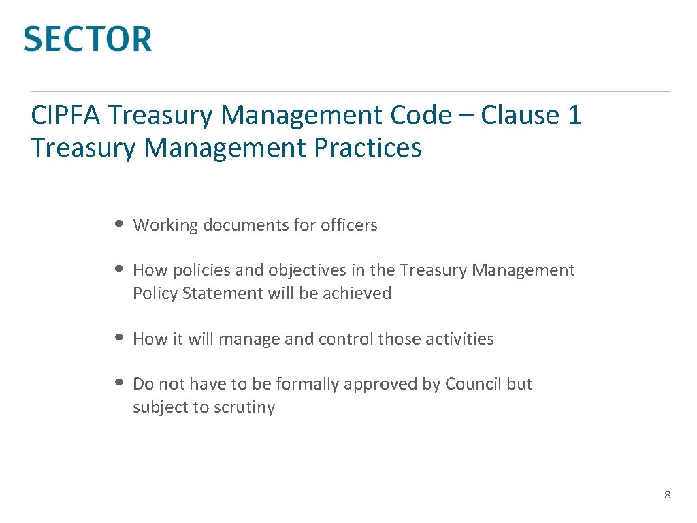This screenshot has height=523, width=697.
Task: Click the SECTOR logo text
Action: click(x=88, y=39)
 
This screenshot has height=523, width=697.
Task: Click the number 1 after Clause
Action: click(x=574, y=115)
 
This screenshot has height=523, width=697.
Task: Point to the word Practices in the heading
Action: click(x=368, y=147)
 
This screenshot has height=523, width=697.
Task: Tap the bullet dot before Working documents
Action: click(x=119, y=223)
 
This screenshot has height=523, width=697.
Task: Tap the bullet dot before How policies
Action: click(x=119, y=269)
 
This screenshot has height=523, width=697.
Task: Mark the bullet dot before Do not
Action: click(x=119, y=383)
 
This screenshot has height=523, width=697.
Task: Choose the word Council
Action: click(x=474, y=384)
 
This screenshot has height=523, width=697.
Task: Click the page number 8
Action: click(x=668, y=495)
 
